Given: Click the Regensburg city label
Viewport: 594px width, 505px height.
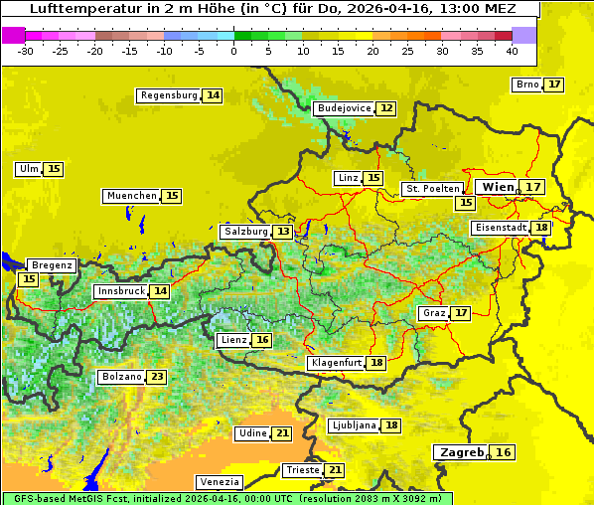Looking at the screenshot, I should pos(168,95).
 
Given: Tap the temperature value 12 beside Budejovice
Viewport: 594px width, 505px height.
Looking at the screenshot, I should pos(386,107).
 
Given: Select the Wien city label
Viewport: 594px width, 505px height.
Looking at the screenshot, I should pos(498,187).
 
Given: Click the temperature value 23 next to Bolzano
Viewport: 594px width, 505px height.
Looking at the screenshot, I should pos(157,377).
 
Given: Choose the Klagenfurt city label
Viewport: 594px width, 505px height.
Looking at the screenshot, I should pos(335,363).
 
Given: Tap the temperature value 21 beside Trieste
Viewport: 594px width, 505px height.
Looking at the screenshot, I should pos(335,469).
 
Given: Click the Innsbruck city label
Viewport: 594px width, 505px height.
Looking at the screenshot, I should pos(120,291).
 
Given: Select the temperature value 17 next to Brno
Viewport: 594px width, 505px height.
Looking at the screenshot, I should pos(553,84).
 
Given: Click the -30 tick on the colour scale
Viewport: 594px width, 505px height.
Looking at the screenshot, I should pos(26,50).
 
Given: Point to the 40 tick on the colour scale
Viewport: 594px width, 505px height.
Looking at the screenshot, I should pos(512,50).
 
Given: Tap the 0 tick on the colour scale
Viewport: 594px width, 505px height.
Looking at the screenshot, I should pos(233,50).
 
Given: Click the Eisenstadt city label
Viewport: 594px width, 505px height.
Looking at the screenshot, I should pos(500,228).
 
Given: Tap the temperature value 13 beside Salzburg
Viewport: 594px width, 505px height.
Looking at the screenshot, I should pos(283,232).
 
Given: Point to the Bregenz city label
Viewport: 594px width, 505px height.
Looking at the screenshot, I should pos(52,265).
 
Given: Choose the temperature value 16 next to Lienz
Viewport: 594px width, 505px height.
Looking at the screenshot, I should pos(262,340).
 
